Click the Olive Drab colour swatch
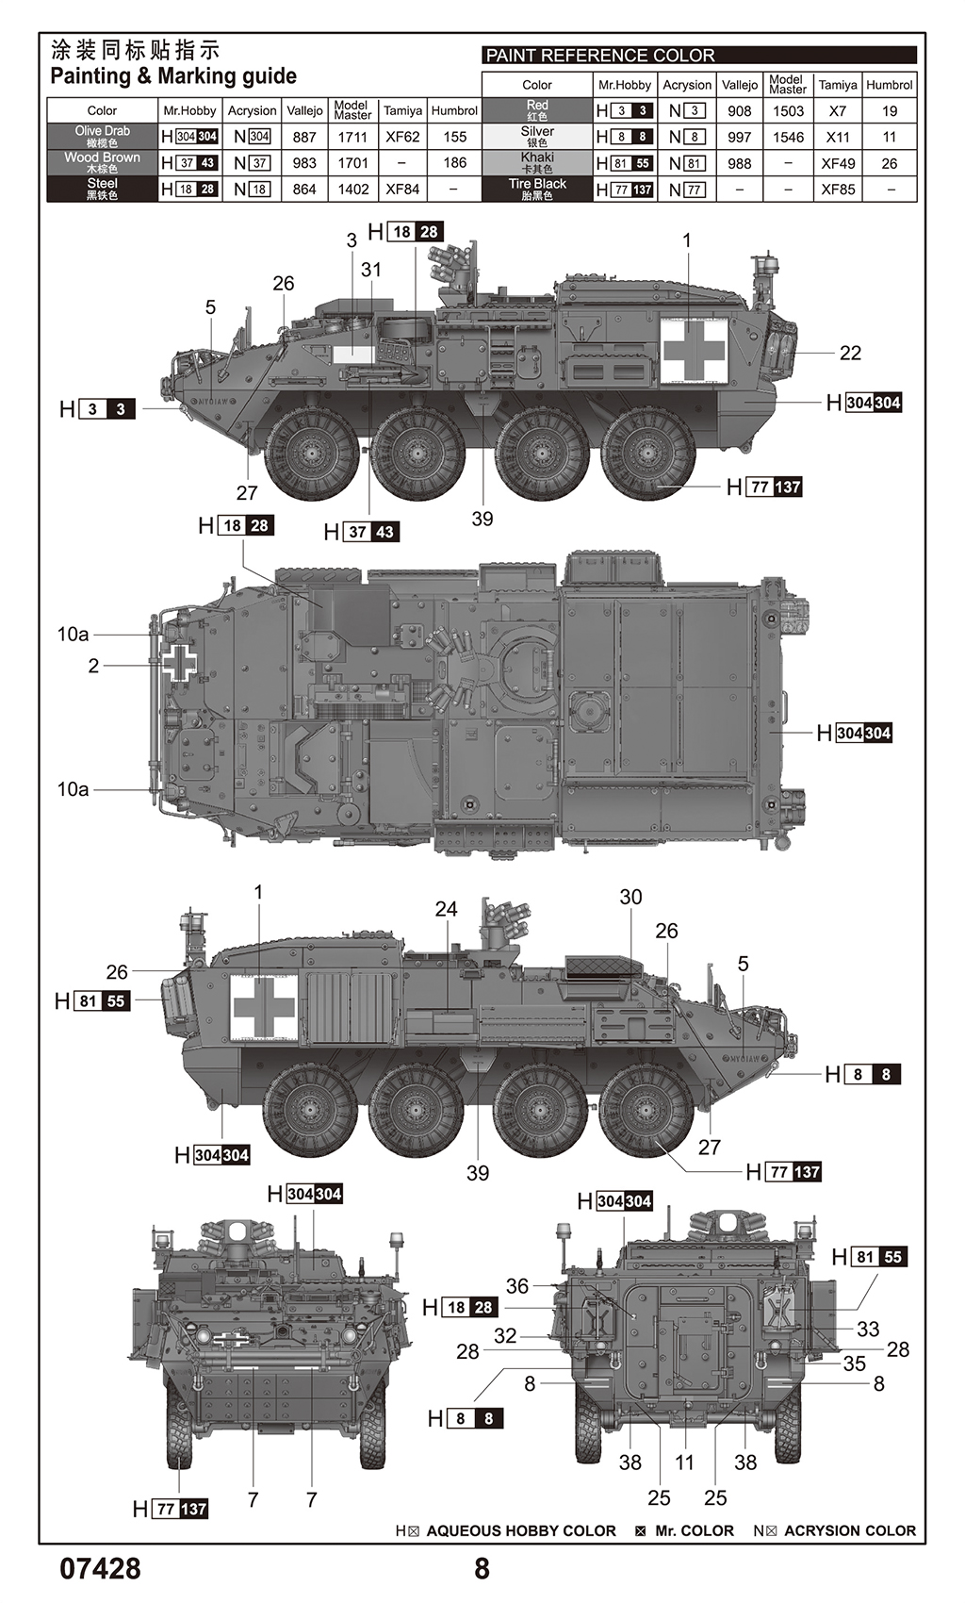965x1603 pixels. tap(102, 136)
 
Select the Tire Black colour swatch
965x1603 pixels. tap(537, 189)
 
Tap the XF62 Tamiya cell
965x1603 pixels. tap(402, 137)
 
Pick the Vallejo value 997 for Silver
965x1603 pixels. tap(740, 137)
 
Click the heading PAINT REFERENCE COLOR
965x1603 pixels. tap(600, 56)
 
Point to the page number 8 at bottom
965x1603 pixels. tap(482, 1568)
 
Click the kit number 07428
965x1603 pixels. tap(101, 1568)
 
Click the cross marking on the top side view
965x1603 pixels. tap(695, 351)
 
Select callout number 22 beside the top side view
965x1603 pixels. tap(850, 353)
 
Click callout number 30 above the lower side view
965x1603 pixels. tap(630, 897)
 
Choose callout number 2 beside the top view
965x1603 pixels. tap(93, 666)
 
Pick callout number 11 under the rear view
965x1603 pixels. tap(684, 1462)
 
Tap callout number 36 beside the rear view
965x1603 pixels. tap(517, 1285)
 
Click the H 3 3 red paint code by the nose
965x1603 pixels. tap(97, 409)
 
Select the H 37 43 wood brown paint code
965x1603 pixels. tap(361, 532)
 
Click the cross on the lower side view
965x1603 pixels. tap(265, 1007)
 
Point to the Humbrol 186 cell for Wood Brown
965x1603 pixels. tap(454, 163)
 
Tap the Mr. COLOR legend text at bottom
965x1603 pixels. tap(694, 1530)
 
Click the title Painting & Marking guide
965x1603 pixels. tap(173, 76)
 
